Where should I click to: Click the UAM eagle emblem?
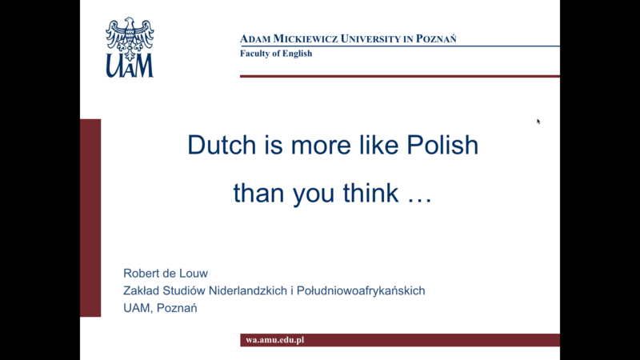(x=130, y=38)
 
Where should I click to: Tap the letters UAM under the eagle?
(x=130, y=66)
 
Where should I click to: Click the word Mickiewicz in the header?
(x=306, y=38)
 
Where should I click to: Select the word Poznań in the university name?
(x=436, y=38)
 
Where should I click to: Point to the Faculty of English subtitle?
(x=276, y=54)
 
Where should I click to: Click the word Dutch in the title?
(x=222, y=145)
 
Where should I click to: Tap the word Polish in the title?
(x=442, y=145)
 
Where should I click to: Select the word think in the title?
(x=370, y=193)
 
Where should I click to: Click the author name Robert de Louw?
(x=166, y=273)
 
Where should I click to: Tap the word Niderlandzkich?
(x=248, y=290)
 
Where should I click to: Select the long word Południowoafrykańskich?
(x=361, y=290)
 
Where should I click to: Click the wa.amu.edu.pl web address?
(x=274, y=339)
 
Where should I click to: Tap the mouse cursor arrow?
(x=538, y=122)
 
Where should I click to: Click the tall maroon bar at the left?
(x=90, y=218)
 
